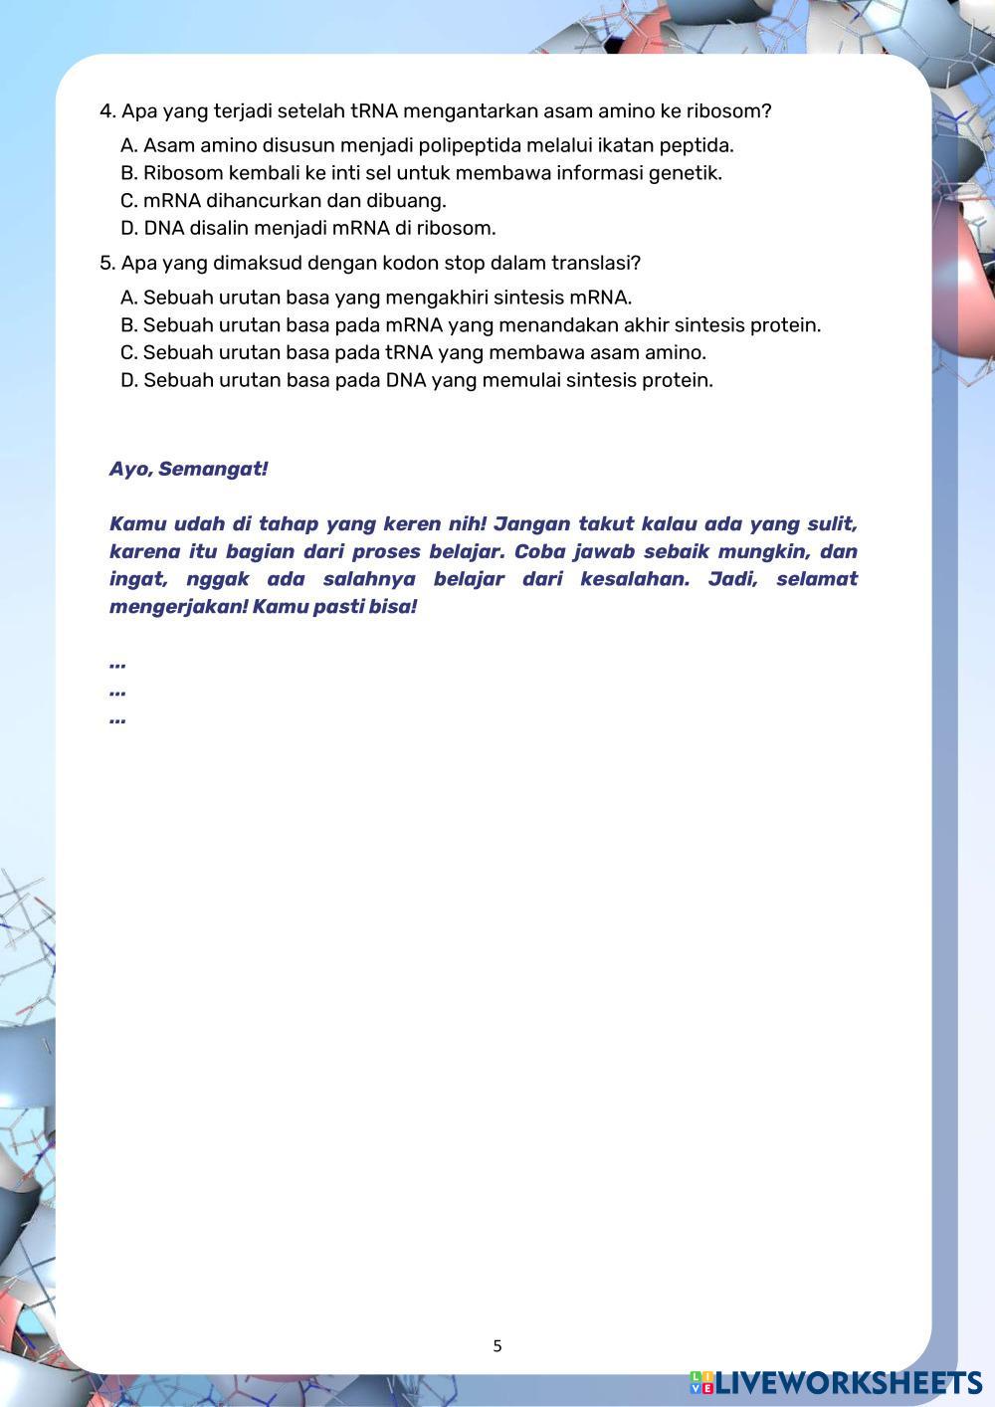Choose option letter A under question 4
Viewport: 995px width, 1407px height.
[128, 146]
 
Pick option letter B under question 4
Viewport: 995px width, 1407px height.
[128, 174]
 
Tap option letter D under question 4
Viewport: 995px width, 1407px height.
[128, 229]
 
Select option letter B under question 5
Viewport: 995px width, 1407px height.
[128, 325]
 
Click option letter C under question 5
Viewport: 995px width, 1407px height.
[128, 353]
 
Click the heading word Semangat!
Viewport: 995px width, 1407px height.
[213, 470]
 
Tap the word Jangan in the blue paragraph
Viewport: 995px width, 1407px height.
[528, 524]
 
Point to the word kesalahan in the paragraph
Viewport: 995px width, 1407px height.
[634, 579]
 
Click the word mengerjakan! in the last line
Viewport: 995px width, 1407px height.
[178, 607]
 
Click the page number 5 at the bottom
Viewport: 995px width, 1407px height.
[497, 1346]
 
